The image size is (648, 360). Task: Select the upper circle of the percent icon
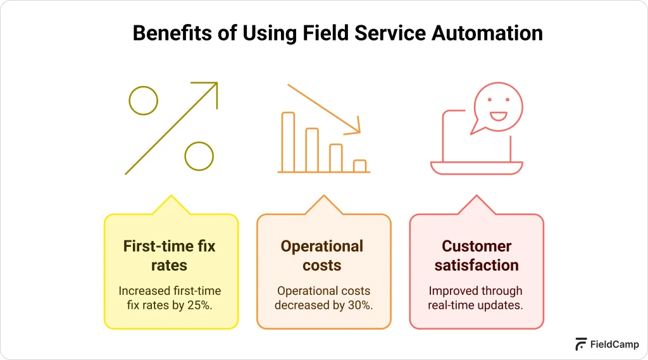(x=143, y=100)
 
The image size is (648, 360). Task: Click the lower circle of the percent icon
(x=199, y=156)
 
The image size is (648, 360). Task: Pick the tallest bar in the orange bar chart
(x=288, y=142)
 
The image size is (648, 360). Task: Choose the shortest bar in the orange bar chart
(x=359, y=166)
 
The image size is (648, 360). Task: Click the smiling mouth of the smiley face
(x=499, y=116)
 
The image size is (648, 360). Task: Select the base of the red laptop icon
(x=477, y=168)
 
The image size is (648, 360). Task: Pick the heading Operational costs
(x=322, y=256)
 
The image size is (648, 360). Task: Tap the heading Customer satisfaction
(x=477, y=256)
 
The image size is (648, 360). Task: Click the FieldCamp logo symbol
(x=580, y=344)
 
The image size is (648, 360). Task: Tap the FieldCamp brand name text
(x=614, y=345)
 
